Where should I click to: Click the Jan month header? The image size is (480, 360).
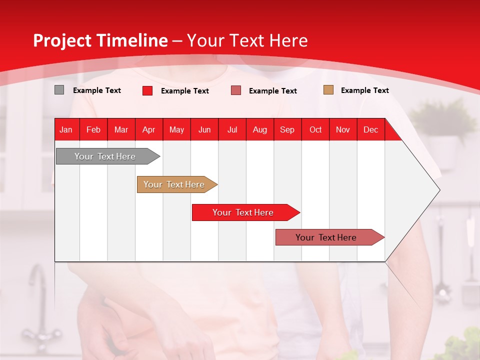[x=66, y=129]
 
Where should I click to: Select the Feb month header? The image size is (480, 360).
[x=93, y=129]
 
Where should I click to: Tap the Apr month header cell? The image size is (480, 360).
[x=149, y=129]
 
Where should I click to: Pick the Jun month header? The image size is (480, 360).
[x=204, y=129]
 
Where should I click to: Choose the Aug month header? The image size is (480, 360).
[x=260, y=129]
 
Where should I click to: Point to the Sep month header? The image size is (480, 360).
[x=287, y=129]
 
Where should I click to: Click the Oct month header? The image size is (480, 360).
[x=315, y=129]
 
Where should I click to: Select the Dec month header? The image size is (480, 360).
[x=371, y=129]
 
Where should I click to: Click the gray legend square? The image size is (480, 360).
[x=59, y=90]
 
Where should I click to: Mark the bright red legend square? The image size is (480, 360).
[x=147, y=90]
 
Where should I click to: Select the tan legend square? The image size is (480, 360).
[x=328, y=90]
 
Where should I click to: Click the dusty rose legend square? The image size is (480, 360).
[x=236, y=90]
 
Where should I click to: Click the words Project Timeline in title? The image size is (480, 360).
[x=100, y=40]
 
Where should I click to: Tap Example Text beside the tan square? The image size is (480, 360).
[x=364, y=90]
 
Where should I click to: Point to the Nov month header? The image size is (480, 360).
[x=343, y=129]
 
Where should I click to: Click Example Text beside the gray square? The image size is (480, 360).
[x=96, y=90]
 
